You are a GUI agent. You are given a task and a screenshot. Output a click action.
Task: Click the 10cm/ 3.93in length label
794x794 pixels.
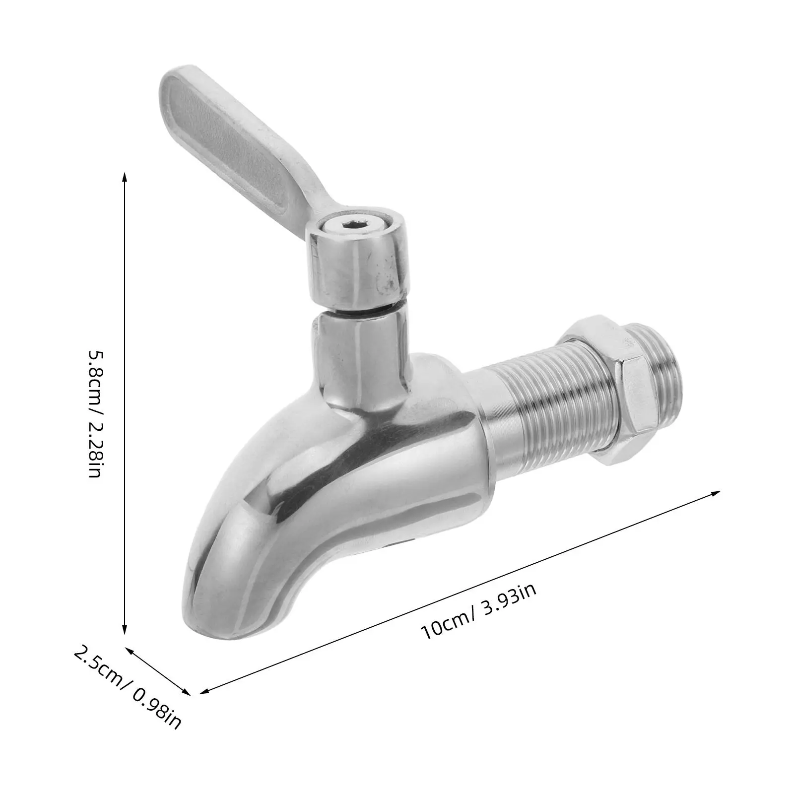[x=478, y=611]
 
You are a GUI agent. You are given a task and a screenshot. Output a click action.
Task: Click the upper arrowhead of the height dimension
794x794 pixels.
[x=124, y=177]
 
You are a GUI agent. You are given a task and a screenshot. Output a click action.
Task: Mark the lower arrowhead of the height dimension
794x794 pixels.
[x=124, y=629]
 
